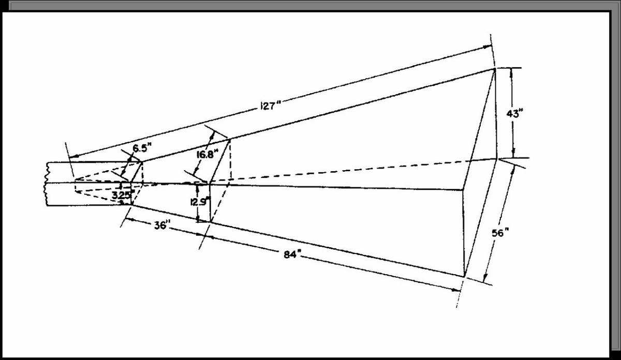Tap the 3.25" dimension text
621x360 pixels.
click(x=123, y=195)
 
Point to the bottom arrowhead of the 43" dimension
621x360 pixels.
click(x=512, y=155)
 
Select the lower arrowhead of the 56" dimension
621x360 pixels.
click(x=485, y=280)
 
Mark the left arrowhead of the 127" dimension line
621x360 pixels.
click(x=72, y=156)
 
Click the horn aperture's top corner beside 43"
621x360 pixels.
click(x=495, y=68)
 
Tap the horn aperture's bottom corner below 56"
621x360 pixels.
click(x=464, y=276)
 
